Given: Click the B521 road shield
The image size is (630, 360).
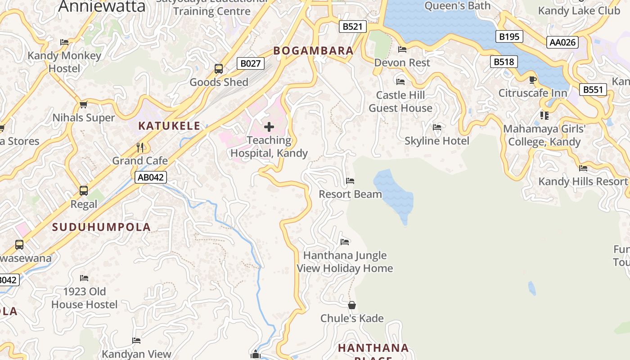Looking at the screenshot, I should [352, 27].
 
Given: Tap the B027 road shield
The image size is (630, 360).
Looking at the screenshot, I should [250, 63].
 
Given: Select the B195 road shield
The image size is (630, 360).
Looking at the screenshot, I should [509, 36].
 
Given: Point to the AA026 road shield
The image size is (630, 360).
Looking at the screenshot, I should [562, 42].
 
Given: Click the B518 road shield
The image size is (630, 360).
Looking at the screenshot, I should [504, 62].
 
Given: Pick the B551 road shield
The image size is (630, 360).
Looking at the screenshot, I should [593, 90].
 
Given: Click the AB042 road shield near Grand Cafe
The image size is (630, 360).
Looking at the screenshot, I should [151, 177].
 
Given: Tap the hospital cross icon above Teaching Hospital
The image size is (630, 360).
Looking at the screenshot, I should [269, 127].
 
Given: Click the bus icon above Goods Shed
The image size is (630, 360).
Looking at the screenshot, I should [219, 69].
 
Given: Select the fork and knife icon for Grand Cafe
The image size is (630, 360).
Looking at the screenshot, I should [140, 147].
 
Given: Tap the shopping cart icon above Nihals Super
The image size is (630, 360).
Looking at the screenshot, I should [83, 105].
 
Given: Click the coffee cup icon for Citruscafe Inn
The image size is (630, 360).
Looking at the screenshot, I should [533, 80].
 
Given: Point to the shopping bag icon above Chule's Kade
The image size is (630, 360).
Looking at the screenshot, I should [352, 305].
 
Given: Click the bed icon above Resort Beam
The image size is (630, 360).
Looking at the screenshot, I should [350, 181].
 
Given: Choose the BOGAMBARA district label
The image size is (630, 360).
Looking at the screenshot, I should [313, 51].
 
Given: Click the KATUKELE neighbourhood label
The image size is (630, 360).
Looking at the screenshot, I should [169, 126].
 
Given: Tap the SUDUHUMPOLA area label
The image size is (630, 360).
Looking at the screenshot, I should [101, 227].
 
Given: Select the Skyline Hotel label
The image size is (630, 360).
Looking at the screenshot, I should [436, 141].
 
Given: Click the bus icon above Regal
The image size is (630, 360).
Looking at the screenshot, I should [84, 190].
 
